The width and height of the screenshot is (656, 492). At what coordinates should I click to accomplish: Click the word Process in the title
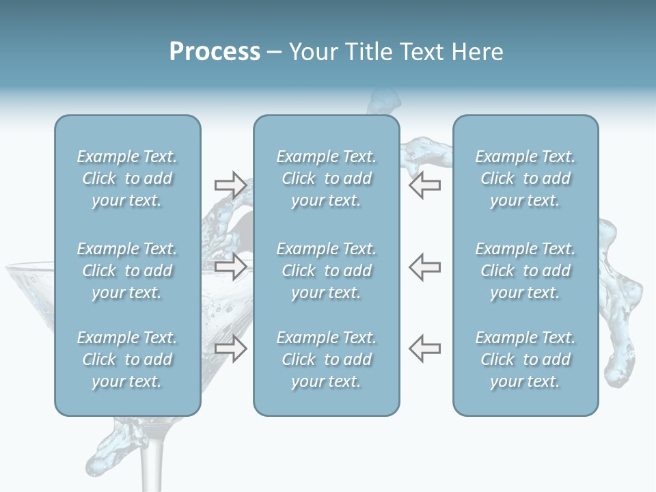point(215,52)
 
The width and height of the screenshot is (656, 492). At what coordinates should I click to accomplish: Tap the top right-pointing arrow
point(230,185)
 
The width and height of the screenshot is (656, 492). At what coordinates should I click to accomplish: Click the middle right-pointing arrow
point(230,266)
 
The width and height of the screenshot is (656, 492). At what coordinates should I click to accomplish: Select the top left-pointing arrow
point(424,185)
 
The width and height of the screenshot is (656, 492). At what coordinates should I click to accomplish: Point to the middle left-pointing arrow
point(424,266)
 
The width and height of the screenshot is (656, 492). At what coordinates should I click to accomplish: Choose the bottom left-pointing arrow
point(424,348)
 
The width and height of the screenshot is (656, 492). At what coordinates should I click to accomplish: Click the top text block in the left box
point(127,178)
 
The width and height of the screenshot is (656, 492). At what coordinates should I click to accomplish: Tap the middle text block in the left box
point(127,271)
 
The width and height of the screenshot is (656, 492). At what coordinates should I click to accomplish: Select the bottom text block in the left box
point(127,359)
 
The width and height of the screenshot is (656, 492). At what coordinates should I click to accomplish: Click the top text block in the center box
point(326,178)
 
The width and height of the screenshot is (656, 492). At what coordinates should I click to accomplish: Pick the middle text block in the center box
point(326,271)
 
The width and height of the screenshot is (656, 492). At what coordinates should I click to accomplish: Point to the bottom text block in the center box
point(326,359)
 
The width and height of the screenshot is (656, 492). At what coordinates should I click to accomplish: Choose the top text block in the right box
point(525,178)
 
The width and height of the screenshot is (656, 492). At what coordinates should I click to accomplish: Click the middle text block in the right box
point(525,271)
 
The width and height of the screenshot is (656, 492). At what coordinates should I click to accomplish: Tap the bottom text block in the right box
point(525,359)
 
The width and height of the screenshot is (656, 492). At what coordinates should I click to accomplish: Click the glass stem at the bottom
point(153,458)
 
